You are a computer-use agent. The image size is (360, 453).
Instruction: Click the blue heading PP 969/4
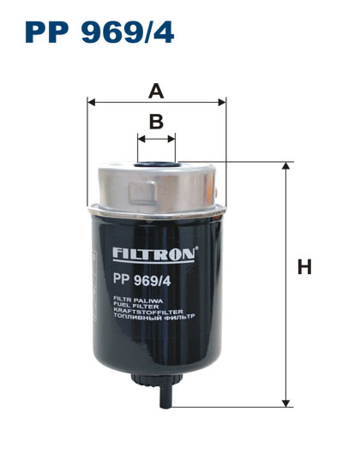tap(99, 32)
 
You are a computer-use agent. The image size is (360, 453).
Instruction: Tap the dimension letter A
tap(155, 89)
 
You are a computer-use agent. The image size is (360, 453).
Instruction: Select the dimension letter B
tap(155, 122)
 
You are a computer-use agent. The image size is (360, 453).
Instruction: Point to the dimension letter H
tap(303, 267)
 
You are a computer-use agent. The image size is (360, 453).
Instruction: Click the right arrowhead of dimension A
tap(222, 101)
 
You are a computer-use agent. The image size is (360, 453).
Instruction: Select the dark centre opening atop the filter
tap(156, 157)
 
